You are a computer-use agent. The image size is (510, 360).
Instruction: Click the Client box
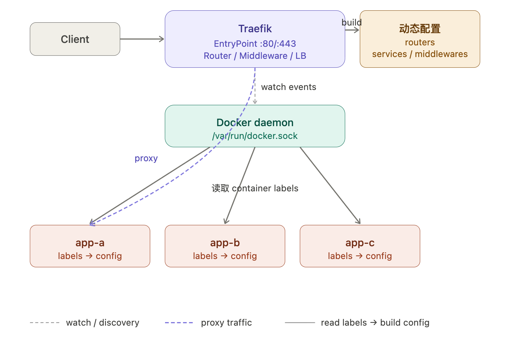[75, 39]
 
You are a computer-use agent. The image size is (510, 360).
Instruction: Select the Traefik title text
[255, 29]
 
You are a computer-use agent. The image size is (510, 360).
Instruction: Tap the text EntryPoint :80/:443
[255, 44]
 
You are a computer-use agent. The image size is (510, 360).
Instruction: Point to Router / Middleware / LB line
[255, 56]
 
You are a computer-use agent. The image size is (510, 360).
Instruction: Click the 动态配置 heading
[420, 29]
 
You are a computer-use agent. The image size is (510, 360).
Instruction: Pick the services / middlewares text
[420, 54]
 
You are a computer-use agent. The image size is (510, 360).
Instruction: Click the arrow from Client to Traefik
[142, 39]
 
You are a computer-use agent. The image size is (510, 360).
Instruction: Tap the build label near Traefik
[351, 22]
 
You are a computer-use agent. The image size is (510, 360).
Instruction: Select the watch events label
[288, 87]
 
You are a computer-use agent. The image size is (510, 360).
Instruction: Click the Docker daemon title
[255, 123]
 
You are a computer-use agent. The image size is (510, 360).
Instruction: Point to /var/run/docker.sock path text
[255, 136]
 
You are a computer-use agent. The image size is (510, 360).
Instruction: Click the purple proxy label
[146, 158]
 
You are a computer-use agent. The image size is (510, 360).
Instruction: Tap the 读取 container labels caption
[255, 188]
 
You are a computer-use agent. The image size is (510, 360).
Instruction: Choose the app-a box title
[90, 243]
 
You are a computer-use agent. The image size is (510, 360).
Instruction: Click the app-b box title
[225, 243]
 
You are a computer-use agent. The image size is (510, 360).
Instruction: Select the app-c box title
[360, 243]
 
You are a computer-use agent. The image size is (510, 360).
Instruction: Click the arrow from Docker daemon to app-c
[330, 185]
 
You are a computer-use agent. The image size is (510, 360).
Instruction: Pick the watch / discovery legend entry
[102, 322]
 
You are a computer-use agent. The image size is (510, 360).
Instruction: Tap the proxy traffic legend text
[226, 322]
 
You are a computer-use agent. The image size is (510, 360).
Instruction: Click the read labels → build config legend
[375, 322]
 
